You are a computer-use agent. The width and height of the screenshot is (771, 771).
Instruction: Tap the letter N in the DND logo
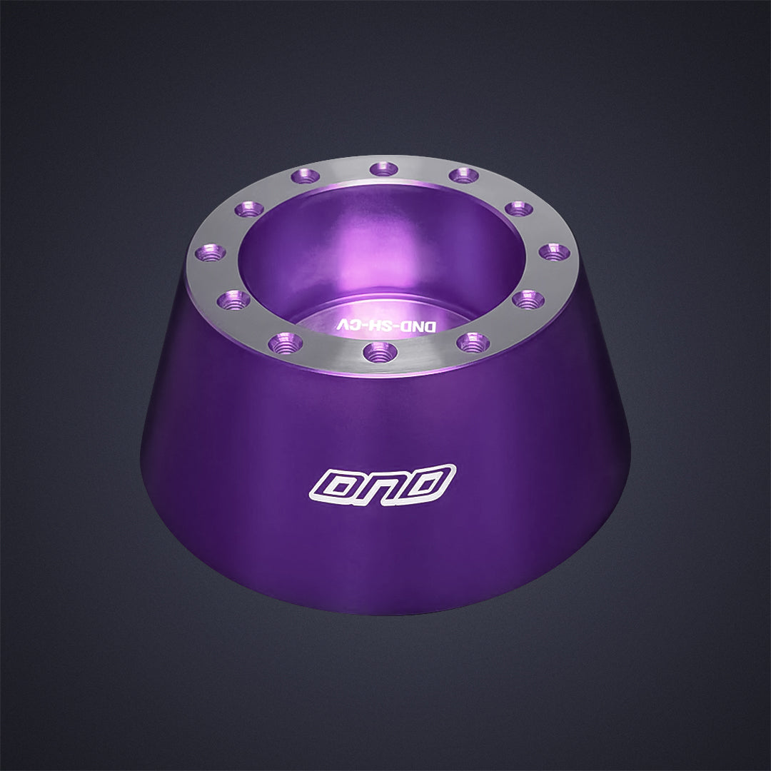383,483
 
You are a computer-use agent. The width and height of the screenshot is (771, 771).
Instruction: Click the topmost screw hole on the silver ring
384,169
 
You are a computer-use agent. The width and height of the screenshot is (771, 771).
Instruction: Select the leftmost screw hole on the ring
211,252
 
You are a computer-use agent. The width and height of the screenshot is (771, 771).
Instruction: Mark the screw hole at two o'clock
518,208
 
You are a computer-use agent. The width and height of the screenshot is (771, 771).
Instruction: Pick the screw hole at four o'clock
528,299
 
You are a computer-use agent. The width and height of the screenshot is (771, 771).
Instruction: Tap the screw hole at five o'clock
473,342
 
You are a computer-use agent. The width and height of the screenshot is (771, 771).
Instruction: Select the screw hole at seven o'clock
286,343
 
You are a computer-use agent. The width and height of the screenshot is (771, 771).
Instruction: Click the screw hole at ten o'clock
249,208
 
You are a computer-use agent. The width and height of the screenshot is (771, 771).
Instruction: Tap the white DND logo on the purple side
383,483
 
